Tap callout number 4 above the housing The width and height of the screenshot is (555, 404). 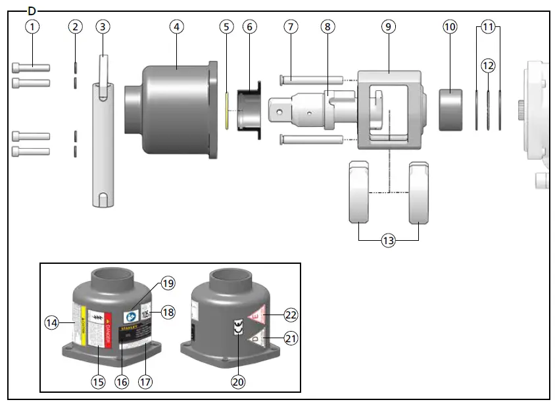click(x=176, y=27)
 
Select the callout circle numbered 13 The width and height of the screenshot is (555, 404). click(x=389, y=241)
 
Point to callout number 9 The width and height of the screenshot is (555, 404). click(x=389, y=27)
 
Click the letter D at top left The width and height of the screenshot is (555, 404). click(x=32, y=11)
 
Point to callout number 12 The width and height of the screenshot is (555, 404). click(x=487, y=66)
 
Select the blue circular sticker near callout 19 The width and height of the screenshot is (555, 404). click(x=132, y=316)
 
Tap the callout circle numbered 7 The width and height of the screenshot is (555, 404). click(x=291, y=27)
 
